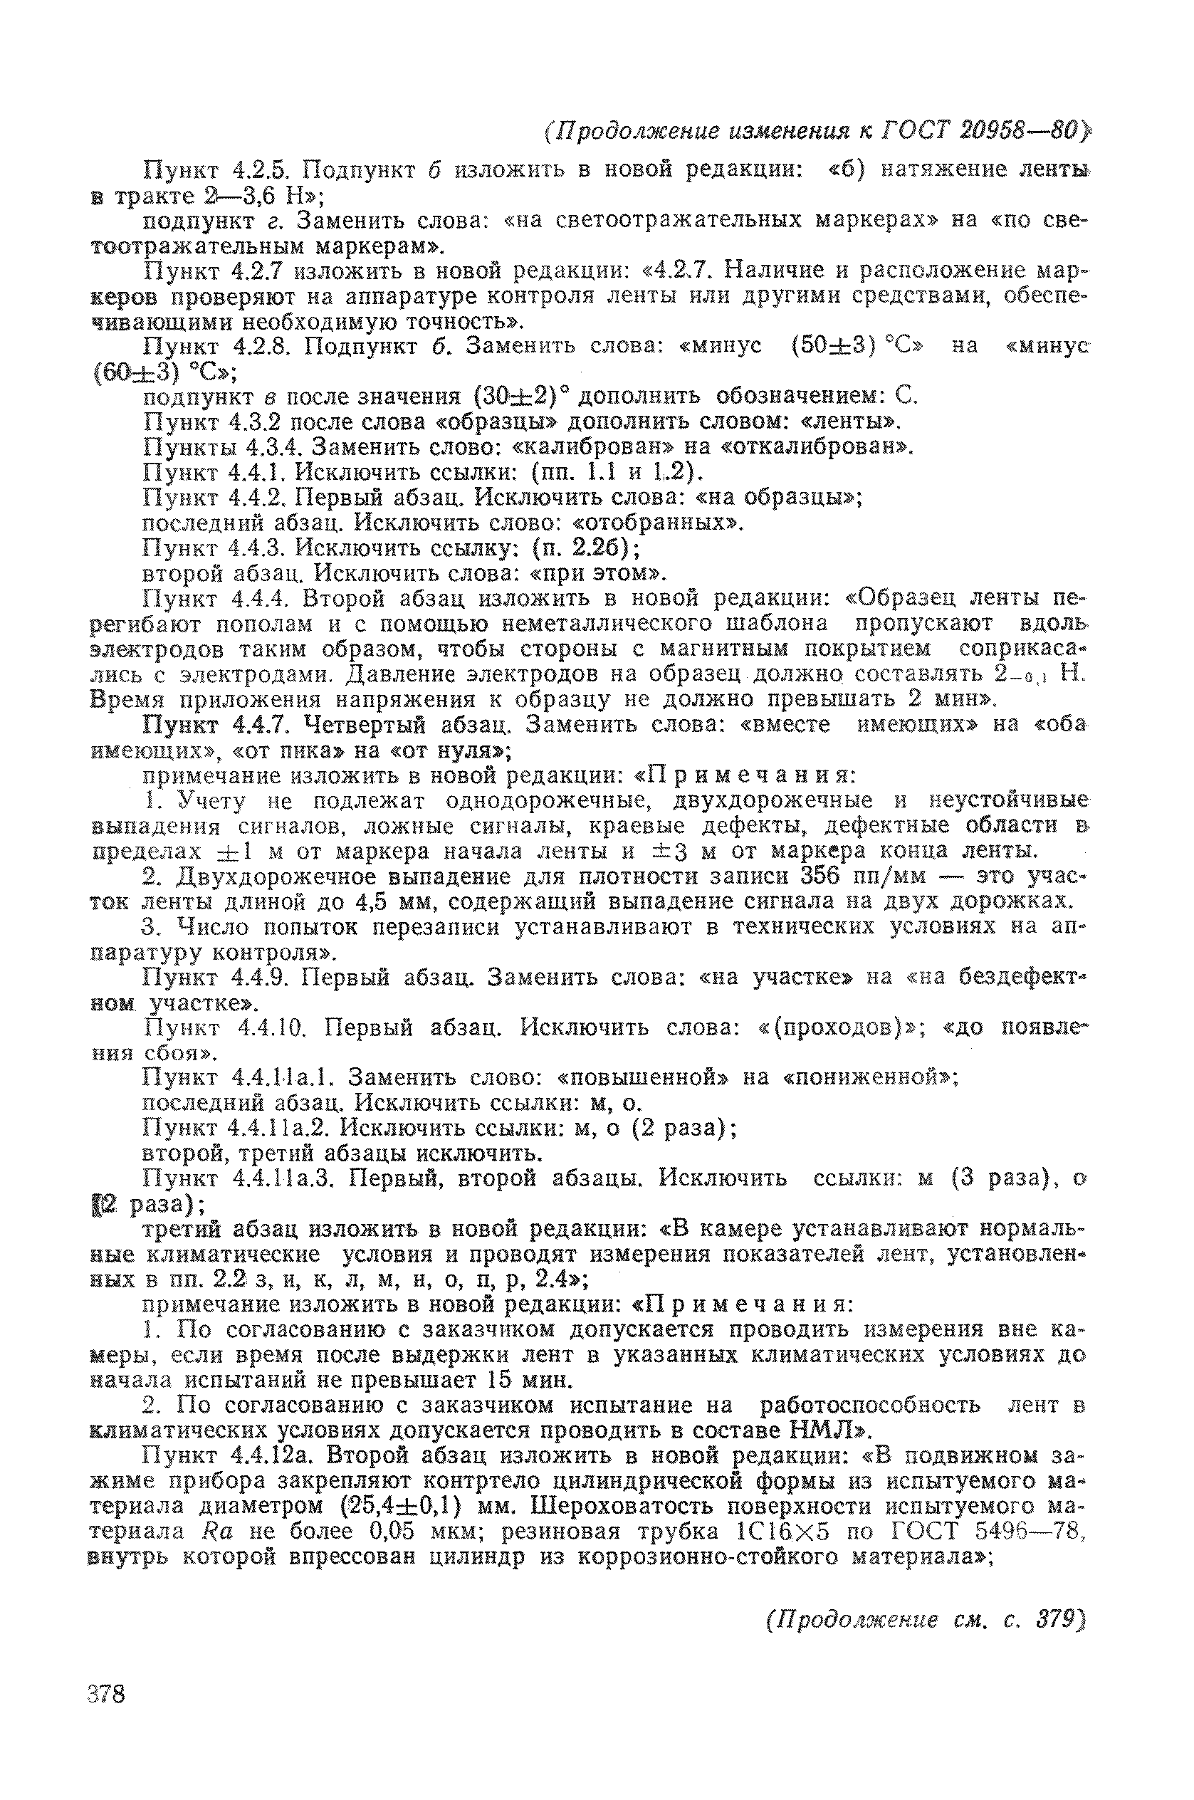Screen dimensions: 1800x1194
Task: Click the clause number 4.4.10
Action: tap(271, 1028)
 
